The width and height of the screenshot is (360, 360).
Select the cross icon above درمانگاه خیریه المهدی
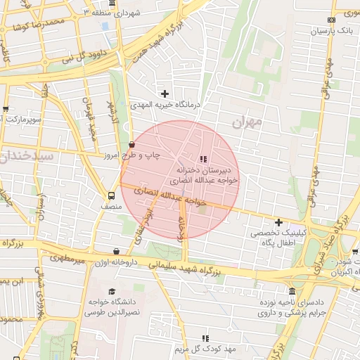coord(165,93)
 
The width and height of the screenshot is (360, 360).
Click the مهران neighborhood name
coord(246,122)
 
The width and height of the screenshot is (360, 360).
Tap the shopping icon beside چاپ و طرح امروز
coord(131,145)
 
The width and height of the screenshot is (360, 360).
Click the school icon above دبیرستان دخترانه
coord(204,159)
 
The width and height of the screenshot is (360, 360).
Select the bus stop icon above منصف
coord(112,196)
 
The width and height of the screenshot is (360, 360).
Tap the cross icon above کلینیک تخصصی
coord(279,222)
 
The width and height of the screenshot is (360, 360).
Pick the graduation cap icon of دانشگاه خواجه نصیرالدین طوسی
coord(111,291)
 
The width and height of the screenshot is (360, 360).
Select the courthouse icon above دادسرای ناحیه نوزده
coord(292,291)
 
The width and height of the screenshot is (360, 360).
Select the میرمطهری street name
coord(67,259)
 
